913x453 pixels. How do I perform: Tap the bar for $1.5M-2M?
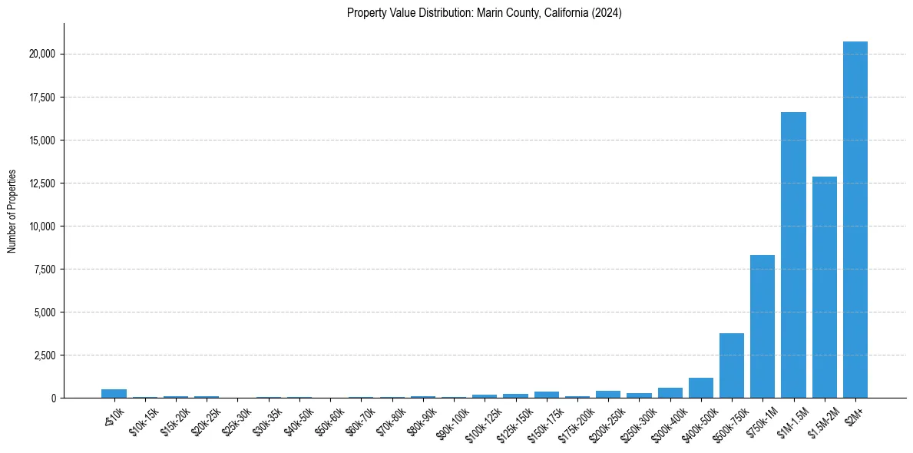pyautogui.click(x=824, y=287)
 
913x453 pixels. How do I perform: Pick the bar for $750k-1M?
pyautogui.click(x=762, y=326)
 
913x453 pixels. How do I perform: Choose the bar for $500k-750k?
pyautogui.click(x=732, y=365)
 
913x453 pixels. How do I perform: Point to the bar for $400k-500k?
pyautogui.click(x=701, y=388)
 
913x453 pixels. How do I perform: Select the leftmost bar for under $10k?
pyautogui.click(x=114, y=394)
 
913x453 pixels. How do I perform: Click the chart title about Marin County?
pyautogui.click(x=485, y=13)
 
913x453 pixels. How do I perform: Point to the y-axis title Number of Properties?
pyautogui.click(x=12, y=211)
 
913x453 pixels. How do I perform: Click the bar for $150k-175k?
pyautogui.click(x=547, y=395)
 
